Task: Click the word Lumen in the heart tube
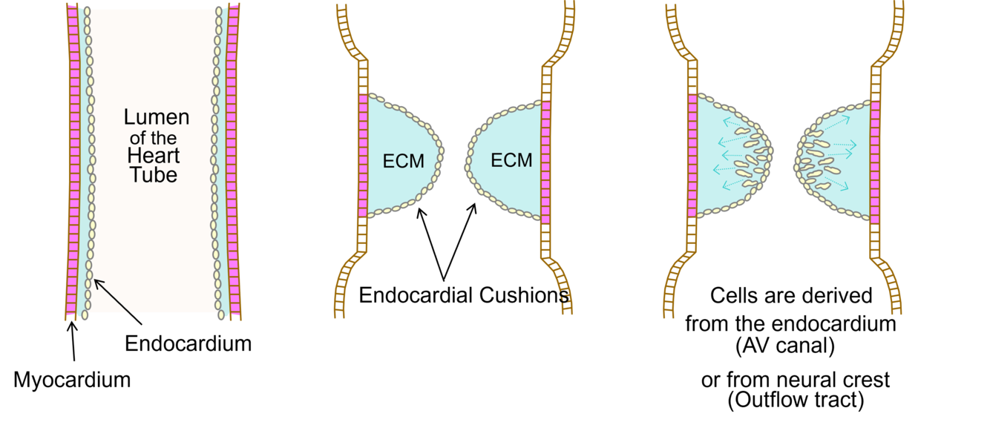157,117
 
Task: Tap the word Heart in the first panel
154,156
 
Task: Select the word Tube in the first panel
154,175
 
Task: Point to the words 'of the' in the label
154,138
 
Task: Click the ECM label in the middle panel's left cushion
403,161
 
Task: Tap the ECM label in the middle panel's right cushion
511,160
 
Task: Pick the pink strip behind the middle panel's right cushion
546,162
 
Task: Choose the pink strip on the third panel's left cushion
692,156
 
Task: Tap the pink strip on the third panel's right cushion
875,162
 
